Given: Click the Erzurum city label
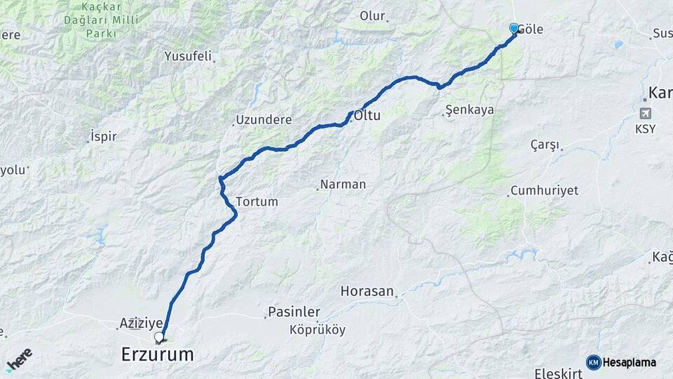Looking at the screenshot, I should click(x=157, y=354).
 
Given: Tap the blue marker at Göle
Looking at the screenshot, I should click(x=514, y=28).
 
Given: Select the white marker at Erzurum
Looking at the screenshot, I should click(x=159, y=337).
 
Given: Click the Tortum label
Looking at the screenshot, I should click(x=257, y=201).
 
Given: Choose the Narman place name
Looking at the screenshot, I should click(x=343, y=185).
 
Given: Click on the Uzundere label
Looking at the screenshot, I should click(x=264, y=120).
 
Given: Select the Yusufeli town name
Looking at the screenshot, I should click(x=188, y=56).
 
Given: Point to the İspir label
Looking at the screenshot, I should click(x=104, y=136).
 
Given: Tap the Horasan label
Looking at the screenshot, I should click(x=367, y=291).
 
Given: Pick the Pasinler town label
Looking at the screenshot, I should click(x=294, y=312).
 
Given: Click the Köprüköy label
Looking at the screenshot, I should click(x=318, y=330).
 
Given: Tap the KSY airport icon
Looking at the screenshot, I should click(x=645, y=113).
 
